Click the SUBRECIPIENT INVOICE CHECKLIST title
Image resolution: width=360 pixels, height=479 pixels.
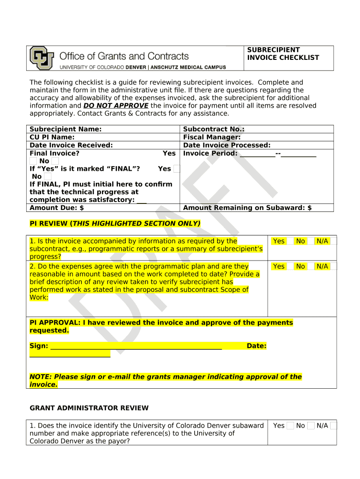pyautogui.click(x=283, y=54)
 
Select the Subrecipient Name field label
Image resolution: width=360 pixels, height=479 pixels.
pyautogui.click(x=65, y=129)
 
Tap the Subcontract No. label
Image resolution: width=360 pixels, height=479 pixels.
pyautogui.click(x=214, y=129)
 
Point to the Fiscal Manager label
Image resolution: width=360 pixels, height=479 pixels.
pyautogui.click(x=212, y=137)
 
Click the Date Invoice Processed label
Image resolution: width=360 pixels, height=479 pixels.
pyautogui.click(x=227, y=145)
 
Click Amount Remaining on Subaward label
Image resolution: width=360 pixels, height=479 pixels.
pyautogui.click(x=247, y=208)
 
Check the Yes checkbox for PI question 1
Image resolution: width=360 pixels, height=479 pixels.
pyautogui.click(x=290, y=241)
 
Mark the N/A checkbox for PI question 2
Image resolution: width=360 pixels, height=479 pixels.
pyautogui.click(x=333, y=266)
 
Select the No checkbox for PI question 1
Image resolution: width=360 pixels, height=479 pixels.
pyautogui.click(x=311, y=241)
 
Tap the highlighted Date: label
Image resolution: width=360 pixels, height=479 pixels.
pyautogui.click(x=256, y=346)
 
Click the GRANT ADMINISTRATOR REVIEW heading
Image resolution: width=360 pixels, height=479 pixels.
pyautogui.click(x=89, y=408)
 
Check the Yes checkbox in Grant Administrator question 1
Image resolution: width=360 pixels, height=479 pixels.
pyautogui.click(x=290, y=426)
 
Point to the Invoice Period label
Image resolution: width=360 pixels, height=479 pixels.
pyautogui.click(x=210, y=153)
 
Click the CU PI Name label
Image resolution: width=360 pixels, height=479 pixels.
pyautogui.click(x=52, y=137)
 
